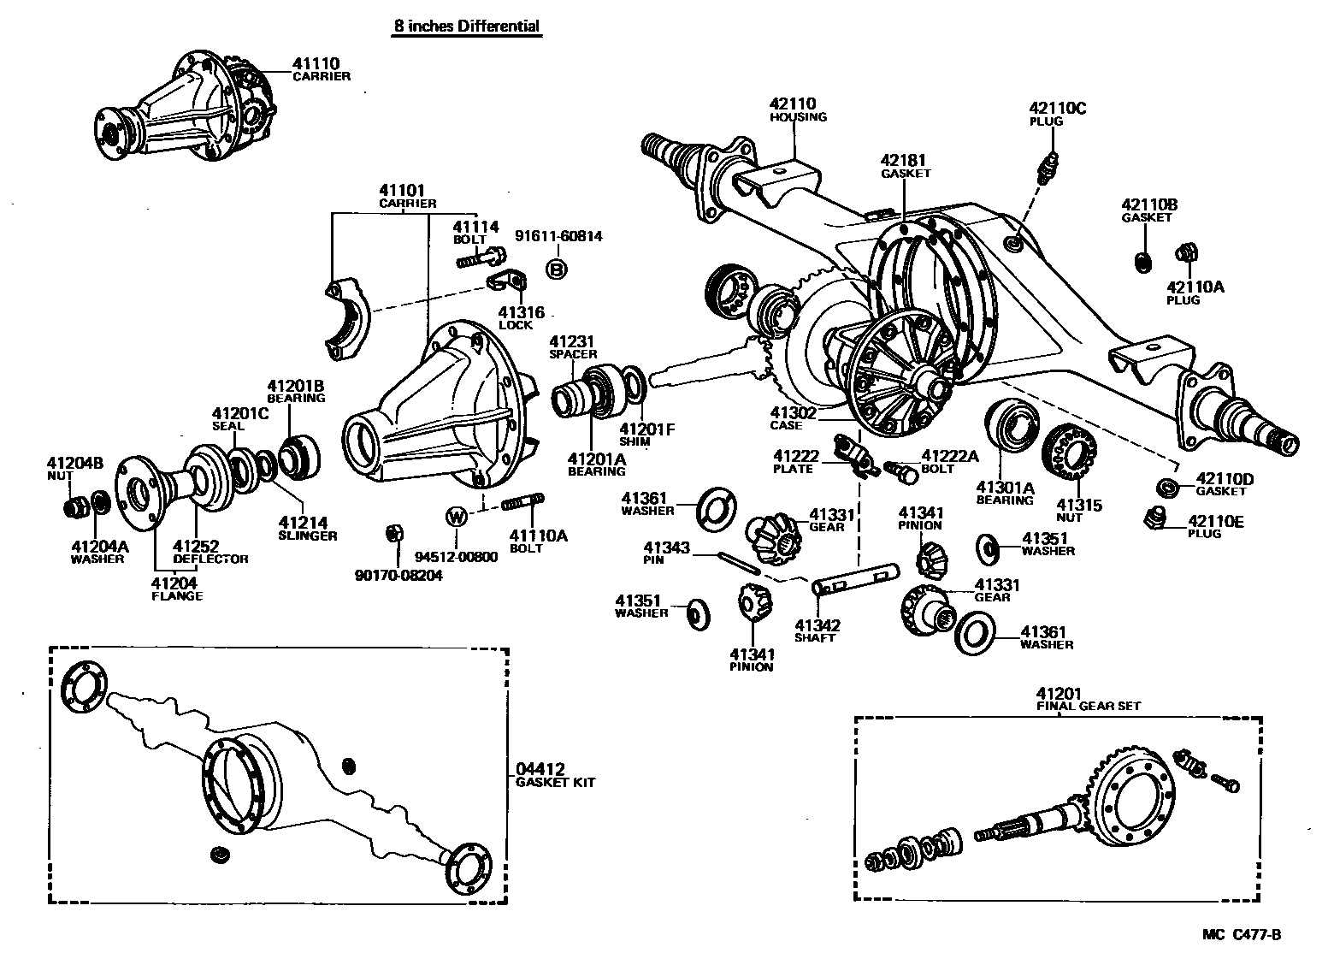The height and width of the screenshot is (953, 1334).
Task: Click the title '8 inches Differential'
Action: [x=466, y=26]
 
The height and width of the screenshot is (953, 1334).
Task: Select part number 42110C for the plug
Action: [x=1057, y=108]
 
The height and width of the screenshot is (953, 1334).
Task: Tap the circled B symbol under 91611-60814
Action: [x=556, y=269]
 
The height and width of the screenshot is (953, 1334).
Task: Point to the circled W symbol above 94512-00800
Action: [x=456, y=517]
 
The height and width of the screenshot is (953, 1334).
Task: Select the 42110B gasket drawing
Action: [x=1142, y=261]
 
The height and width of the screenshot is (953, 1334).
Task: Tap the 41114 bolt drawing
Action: [x=481, y=257]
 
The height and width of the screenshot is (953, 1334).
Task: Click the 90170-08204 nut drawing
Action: [x=394, y=532]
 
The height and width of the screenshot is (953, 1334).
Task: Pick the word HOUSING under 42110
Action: [x=798, y=117]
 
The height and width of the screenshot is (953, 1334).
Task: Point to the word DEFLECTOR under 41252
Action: [x=210, y=559]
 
